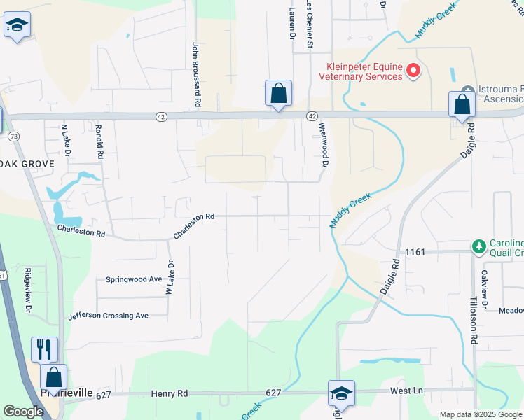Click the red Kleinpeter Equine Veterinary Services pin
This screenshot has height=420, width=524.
[413, 70]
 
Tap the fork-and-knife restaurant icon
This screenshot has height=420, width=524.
[44, 348]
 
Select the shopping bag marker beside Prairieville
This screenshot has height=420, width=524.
[53, 376]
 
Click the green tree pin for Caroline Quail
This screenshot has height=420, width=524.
[479, 246]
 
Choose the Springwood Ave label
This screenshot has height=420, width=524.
[134, 279]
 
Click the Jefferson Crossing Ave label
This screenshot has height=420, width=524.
[109, 316]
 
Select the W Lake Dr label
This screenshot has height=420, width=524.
[169, 279]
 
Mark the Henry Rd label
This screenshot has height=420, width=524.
[170, 394]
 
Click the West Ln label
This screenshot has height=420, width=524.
[407, 390]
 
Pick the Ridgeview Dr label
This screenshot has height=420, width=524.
[29, 288]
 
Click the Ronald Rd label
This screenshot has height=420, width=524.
[99, 140]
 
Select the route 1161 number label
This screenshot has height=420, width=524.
[415, 251]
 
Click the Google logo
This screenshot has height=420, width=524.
[23, 412]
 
